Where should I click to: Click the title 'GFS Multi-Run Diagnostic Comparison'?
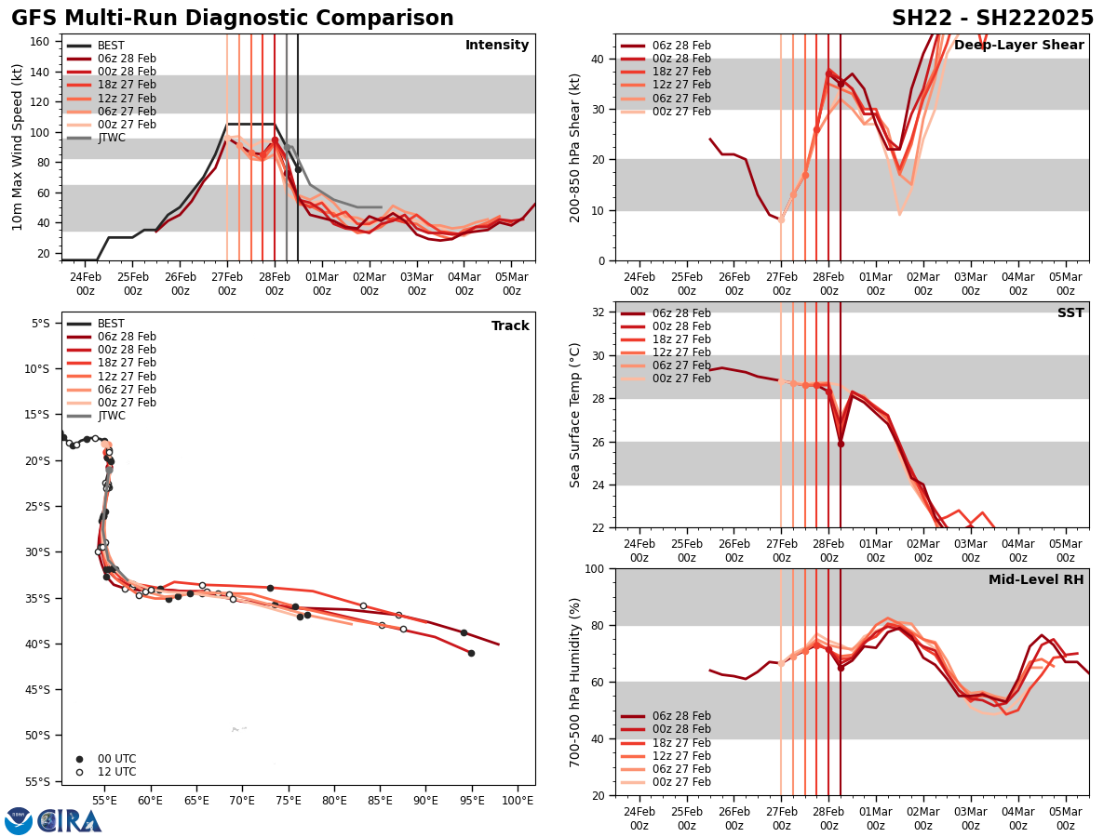(x=233, y=19)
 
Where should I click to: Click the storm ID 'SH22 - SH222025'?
(x=992, y=19)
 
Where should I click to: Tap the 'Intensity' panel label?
(x=497, y=46)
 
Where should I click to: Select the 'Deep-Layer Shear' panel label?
(x=1018, y=46)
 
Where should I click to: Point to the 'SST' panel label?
(x=1070, y=313)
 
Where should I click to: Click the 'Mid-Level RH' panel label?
(x=1036, y=580)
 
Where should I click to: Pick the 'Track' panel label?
(x=510, y=326)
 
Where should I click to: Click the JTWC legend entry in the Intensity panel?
(x=111, y=138)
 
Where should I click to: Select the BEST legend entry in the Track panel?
(x=111, y=324)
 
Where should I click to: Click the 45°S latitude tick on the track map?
(x=40, y=689)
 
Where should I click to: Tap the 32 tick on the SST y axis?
(x=599, y=312)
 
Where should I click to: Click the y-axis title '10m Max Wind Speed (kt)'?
(x=18, y=147)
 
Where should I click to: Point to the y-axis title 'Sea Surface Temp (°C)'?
(x=575, y=415)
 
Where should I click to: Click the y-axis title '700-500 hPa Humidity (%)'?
(x=575, y=682)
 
